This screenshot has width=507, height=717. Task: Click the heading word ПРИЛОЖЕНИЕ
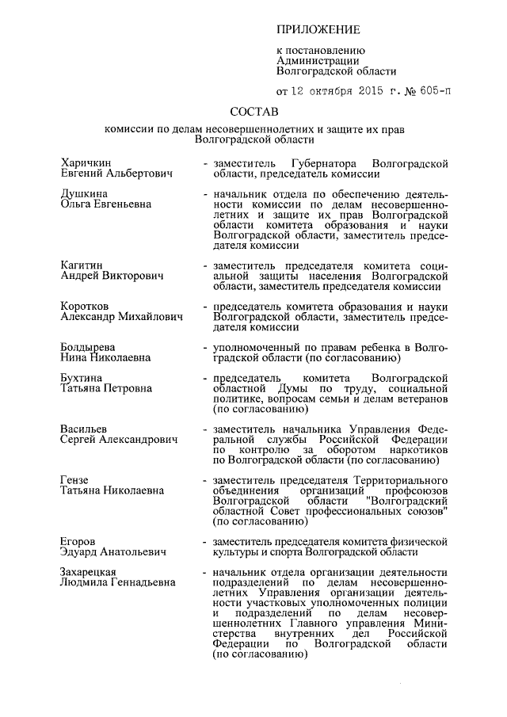(318, 30)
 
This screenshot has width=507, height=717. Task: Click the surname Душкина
(85, 193)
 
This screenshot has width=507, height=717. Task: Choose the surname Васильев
(86, 429)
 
